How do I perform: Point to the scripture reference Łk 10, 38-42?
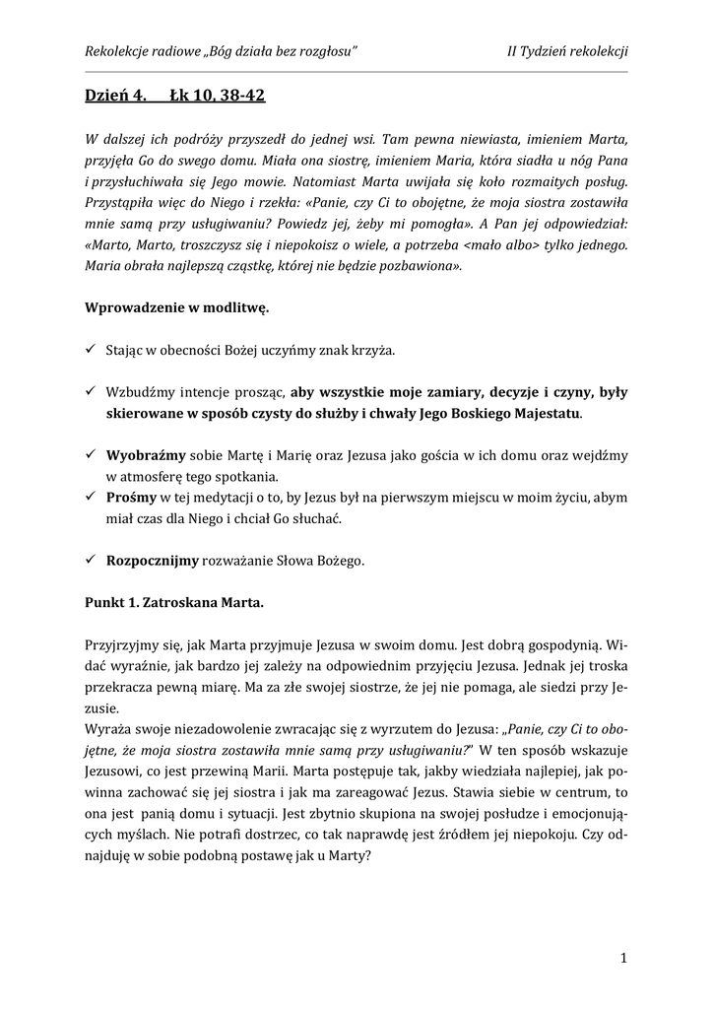pos(217,96)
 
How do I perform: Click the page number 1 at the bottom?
pos(624,957)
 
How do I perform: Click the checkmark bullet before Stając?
pos(90,350)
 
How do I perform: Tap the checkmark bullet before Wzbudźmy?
pos(90,391)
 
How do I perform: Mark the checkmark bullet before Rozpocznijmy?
pos(90,561)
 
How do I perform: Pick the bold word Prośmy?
pos(133,497)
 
